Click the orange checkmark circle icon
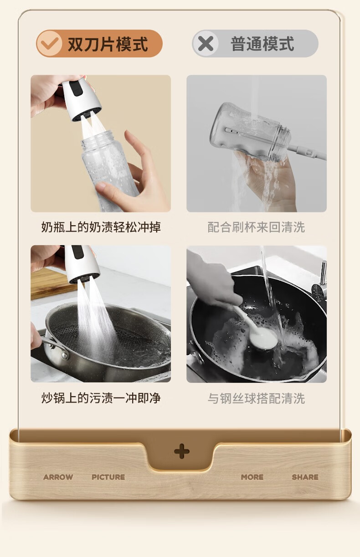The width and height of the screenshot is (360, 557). click(x=49, y=43)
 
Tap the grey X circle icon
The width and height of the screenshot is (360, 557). click(x=206, y=43)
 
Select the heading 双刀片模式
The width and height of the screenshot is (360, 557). click(x=108, y=44)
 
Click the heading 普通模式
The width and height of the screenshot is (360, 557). click(x=262, y=44)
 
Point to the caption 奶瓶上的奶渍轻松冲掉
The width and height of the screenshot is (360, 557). click(x=101, y=227)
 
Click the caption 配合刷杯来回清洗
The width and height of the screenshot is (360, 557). click(x=256, y=227)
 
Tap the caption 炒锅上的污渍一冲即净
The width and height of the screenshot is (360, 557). click(x=101, y=398)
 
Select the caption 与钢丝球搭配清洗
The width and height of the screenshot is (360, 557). click(x=256, y=398)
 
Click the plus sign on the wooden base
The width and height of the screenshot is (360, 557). click(x=182, y=451)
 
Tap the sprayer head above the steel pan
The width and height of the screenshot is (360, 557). click(x=82, y=263)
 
